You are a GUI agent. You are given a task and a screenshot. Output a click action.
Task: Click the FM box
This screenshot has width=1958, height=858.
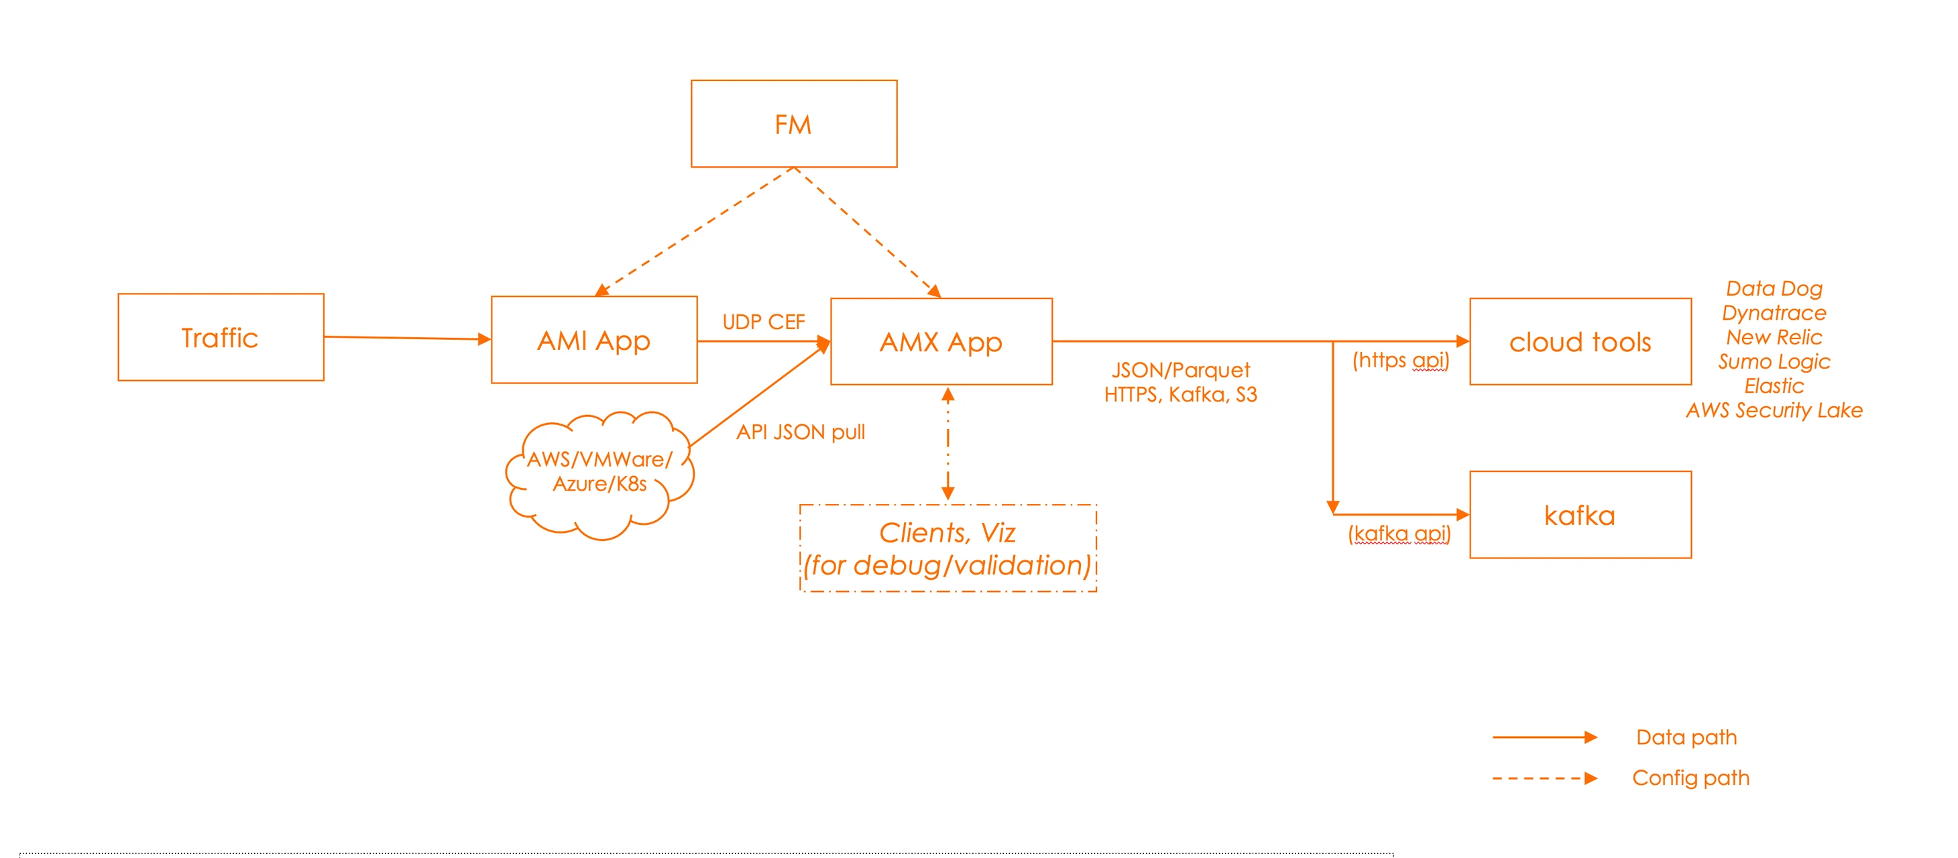click(793, 124)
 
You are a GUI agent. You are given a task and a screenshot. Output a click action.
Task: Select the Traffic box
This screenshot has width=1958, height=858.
click(221, 337)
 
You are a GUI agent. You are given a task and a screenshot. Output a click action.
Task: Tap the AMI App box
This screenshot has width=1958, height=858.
click(593, 340)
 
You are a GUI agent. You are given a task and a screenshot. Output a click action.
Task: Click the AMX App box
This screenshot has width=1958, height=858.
click(941, 341)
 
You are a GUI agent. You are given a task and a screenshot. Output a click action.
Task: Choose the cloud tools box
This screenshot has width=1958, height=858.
click(1580, 342)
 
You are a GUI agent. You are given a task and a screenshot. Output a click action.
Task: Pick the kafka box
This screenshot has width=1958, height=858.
click(1580, 515)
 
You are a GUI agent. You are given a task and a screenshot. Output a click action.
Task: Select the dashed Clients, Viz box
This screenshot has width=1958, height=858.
click(948, 548)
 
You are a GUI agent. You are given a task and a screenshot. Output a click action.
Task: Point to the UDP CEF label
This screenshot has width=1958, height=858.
click(763, 322)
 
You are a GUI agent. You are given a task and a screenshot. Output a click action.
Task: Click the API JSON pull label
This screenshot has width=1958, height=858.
click(801, 432)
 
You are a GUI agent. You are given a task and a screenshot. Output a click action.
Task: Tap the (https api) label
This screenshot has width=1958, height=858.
click(1400, 360)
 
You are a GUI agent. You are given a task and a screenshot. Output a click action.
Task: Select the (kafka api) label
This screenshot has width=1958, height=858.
click(1399, 534)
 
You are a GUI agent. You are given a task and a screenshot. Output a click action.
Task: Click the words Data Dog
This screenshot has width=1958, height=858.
click(1774, 288)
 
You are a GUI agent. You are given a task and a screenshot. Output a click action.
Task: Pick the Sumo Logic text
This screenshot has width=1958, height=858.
click(1774, 361)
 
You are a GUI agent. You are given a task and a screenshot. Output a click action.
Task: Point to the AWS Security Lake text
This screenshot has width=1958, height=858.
click(1774, 410)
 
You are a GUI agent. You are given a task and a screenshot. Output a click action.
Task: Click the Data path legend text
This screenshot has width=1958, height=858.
click(1686, 737)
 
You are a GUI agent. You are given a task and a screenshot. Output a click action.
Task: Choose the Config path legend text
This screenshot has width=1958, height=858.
click(1690, 778)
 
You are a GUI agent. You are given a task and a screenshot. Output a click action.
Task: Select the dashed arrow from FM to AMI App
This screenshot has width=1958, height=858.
click(694, 231)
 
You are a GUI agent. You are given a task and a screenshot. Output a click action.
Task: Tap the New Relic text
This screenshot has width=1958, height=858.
click(1774, 336)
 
